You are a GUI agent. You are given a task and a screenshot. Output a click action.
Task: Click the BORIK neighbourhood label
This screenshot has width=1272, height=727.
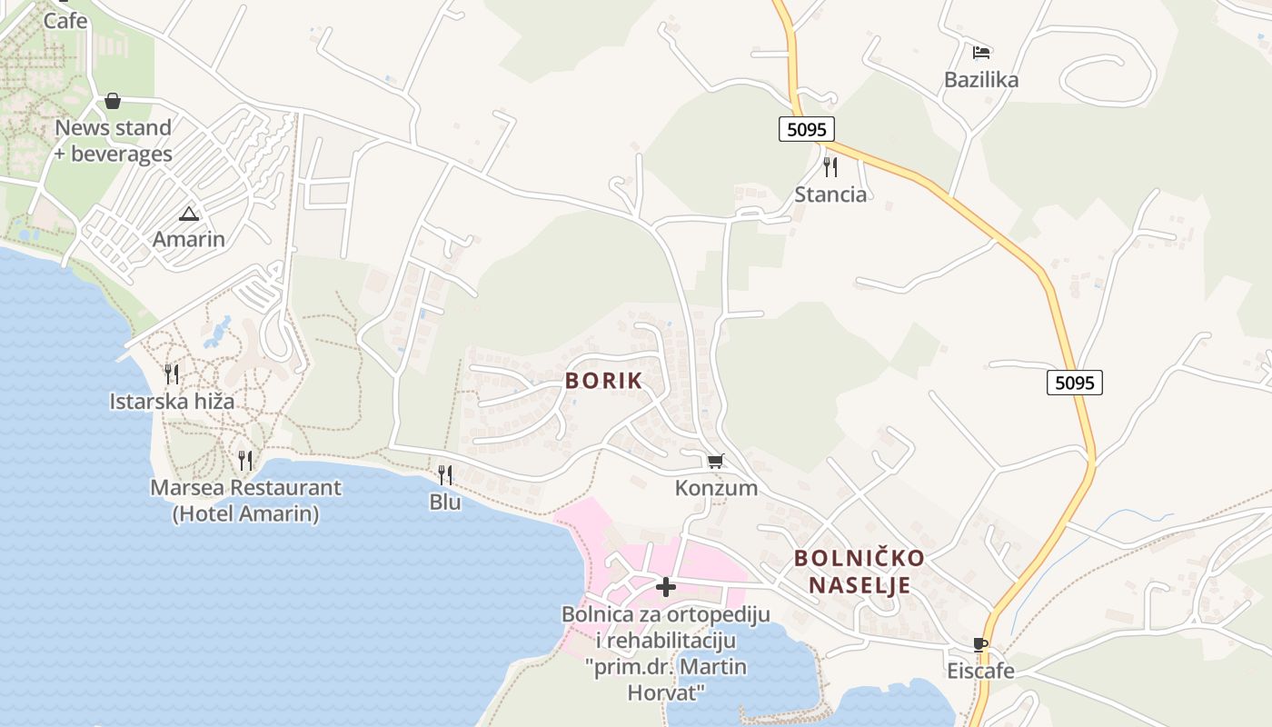[x=603, y=381]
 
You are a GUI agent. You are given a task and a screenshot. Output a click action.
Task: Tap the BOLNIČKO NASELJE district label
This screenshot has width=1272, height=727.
[x=860, y=571]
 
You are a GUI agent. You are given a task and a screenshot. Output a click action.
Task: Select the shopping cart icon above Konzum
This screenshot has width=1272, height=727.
[x=716, y=462]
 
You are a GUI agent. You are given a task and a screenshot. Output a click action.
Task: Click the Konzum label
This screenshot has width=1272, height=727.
[x=716, y=488]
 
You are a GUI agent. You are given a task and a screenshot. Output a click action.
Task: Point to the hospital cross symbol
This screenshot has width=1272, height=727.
[x=666, y=587]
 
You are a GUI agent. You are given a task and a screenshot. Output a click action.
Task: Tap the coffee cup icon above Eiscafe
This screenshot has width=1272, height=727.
[x=980, y=645]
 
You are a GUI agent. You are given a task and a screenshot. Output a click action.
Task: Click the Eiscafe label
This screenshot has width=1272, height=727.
[x=980, y=672]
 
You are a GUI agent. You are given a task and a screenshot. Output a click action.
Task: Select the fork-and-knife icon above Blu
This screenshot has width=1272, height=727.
[x=445, y=474]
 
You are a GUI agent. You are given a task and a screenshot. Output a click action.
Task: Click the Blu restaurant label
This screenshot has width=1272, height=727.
[x=445, y=502]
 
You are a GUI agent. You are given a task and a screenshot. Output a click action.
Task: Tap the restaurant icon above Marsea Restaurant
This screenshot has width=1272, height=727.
[x=245, y=461]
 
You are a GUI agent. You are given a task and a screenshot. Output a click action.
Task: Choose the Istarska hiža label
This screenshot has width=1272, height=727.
[x=172, y=401]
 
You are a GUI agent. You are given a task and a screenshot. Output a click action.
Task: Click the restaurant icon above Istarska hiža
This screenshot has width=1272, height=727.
[x=172, y=373]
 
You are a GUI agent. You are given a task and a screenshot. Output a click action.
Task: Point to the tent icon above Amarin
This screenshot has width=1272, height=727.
[x=188, y=214]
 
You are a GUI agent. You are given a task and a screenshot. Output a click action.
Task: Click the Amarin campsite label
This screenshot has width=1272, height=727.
[x=188, y=240]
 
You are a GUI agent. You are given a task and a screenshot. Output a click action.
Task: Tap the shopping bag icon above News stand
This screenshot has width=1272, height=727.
[x=113, y=101]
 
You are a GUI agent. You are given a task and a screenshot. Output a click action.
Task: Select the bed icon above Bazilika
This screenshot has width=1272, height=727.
[x=981, y=53]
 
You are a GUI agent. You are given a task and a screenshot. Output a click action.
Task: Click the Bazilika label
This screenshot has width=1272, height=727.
[x=981, y=80]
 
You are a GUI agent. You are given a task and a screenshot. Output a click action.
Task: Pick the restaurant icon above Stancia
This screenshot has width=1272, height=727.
[x=830, y=167]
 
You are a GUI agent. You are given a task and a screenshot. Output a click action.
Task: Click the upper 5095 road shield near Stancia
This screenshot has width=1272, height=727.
[x=806, y=129]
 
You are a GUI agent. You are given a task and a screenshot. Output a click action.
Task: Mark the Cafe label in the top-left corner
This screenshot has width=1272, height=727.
[x=65, y=20]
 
